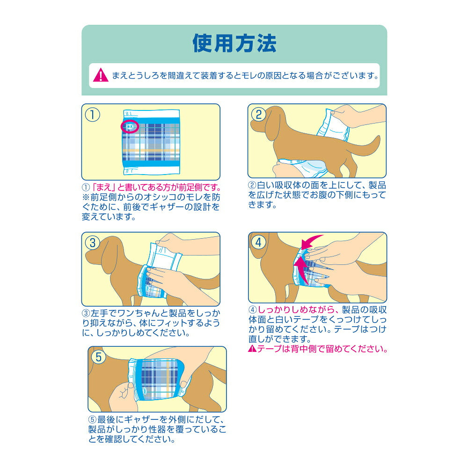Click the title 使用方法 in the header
coord(234,43)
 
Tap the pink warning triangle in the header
coord(101,75)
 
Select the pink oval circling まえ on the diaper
coord(130,126)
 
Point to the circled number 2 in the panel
coord(258,115)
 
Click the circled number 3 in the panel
coord(93,243)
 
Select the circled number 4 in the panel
coord(259,242)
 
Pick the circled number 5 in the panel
coord(99,357)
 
